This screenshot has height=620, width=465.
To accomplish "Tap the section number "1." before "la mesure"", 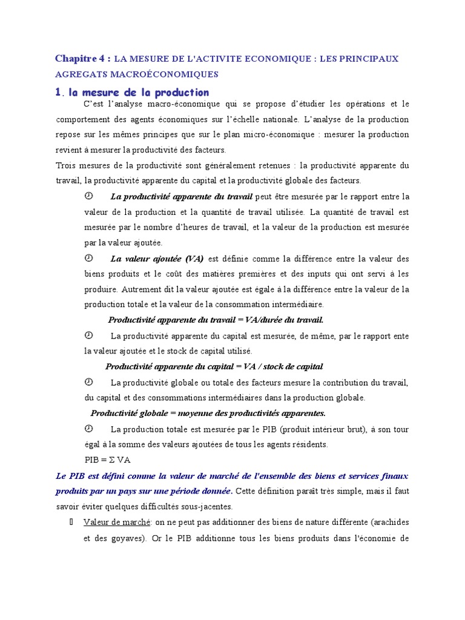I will click(59, 93).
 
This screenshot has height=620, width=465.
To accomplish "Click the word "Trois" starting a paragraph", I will click(67, 165).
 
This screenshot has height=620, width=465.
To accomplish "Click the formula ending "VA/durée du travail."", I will click(216, 320).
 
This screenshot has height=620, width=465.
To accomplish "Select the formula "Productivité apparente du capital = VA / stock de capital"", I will click(214, 366).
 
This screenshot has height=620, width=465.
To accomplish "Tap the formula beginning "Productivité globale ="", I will click(208, 413).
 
